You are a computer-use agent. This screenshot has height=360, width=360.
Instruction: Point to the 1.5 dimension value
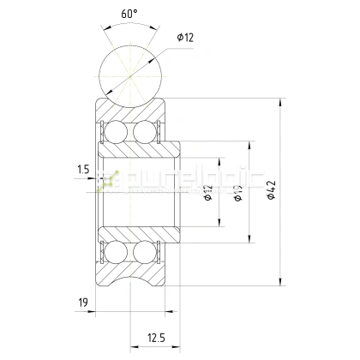[x=81, y=171]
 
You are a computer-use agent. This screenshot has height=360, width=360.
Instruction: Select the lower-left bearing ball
[x=112, y=253]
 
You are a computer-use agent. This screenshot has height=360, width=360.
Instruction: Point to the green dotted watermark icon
[x=107, y=181]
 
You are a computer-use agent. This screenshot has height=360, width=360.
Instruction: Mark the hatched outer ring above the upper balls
[x=129, y=109]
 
